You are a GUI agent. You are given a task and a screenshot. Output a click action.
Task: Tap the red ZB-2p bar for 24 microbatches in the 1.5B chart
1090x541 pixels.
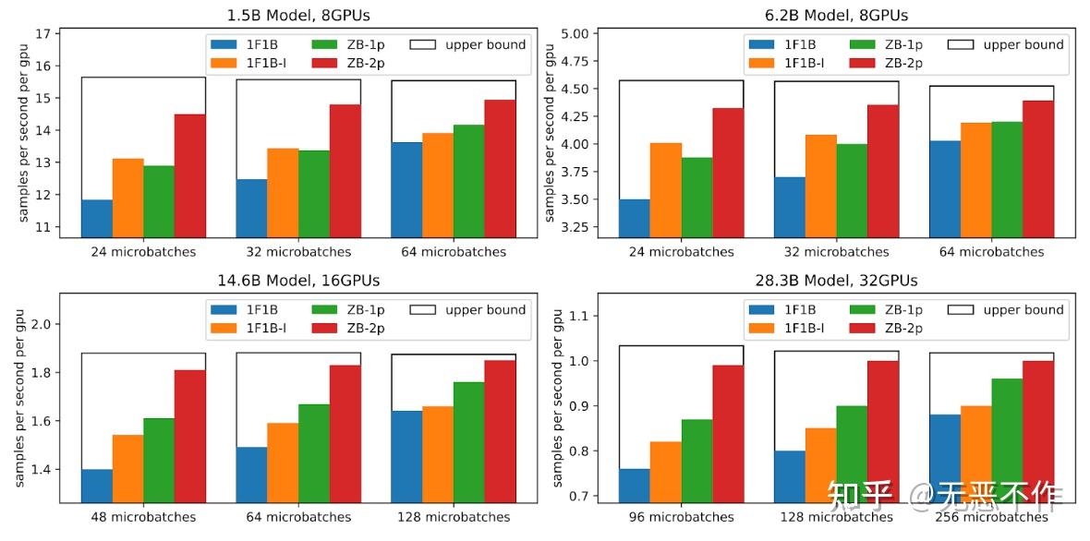click(x=190, y=175)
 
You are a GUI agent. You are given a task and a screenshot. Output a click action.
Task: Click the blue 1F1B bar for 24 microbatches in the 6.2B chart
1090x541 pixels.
click(x=634, y=218)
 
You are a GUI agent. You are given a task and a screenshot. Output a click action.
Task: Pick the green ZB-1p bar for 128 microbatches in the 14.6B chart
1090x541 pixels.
click(x=469, y=441)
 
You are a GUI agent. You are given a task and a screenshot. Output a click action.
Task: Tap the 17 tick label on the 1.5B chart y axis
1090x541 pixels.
click(x=42, y=34)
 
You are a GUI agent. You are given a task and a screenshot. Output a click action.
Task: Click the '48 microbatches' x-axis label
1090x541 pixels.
click(x=143, y=517)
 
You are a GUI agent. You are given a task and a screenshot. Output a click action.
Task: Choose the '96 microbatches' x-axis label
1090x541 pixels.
click(x=681, y=517)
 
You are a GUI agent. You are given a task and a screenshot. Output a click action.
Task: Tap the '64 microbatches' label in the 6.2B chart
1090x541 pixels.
click(x=991, y=252)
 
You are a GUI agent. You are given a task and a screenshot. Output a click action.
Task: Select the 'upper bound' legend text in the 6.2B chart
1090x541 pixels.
click(x=1023, y=44)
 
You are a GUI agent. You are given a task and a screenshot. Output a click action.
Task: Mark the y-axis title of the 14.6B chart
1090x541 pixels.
click(x=19, y=398)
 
